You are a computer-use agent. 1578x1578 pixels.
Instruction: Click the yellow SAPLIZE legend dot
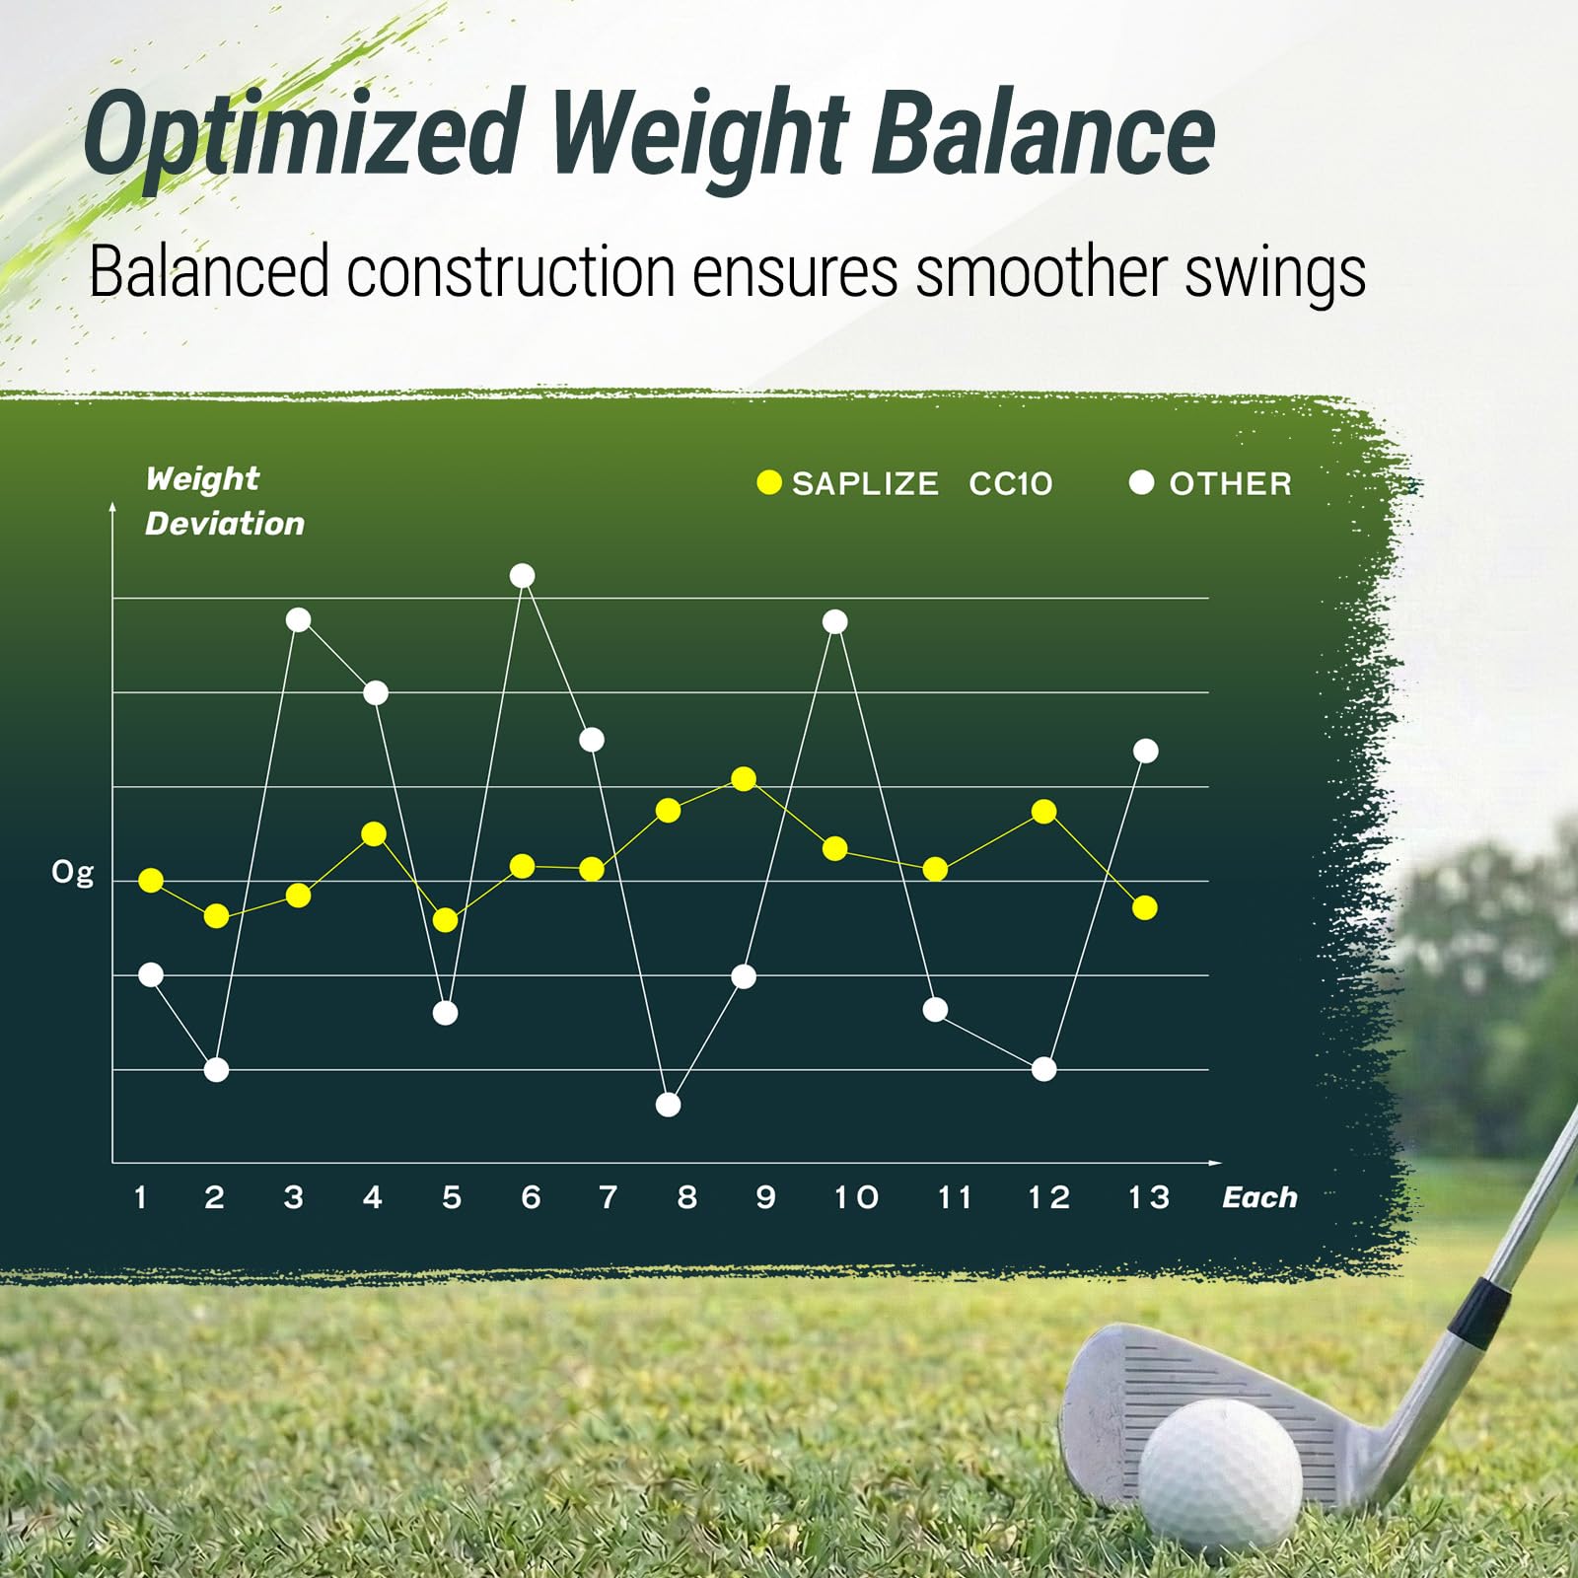(768, 483)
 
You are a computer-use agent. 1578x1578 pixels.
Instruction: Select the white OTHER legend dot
(1141, 483)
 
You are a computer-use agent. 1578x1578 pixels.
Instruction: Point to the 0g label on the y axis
(72, 873)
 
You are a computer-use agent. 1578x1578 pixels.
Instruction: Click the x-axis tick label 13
(1148, 1197)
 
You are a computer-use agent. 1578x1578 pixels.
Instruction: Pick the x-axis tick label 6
(531, 1197)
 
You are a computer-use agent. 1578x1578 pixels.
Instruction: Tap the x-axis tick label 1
(140, 1197)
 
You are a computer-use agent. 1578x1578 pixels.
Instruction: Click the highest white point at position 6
(523, 576)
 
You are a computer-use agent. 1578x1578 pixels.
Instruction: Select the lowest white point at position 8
(668, 1105)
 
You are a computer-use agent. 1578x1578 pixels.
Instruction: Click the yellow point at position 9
(744, 780)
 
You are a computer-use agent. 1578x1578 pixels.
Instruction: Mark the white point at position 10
(834, 622)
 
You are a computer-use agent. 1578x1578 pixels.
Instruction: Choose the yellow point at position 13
(1144, 908)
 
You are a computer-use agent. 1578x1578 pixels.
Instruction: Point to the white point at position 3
(298, 620)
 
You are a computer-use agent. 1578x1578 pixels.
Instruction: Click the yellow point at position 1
(151, 881)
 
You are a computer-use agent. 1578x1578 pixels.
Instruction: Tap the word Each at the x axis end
(1259, 1197)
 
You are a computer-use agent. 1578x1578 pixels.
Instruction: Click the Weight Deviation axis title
(224, 501)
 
